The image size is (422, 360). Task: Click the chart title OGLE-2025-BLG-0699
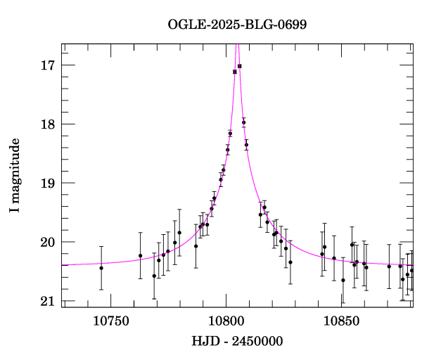(x=237, y=25)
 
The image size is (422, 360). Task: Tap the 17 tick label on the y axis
(x=48, y=65)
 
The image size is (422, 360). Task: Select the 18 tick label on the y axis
(x=48, y=124)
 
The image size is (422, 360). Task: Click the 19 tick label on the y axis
(x=48, y=184)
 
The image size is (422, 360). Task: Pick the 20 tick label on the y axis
(x=48, y=243)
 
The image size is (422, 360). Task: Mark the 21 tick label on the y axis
(x=48, y=302)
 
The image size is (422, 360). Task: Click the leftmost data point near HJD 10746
(x=101, y=268)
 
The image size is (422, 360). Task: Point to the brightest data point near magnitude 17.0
(x=240, y=66)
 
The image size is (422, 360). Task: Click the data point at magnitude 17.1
(x=235, y=72)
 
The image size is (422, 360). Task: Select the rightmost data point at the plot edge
(x=412, y=270)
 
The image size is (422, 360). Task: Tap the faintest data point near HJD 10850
(x=343, y=280)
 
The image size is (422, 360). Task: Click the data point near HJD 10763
(x=141, y=255)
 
